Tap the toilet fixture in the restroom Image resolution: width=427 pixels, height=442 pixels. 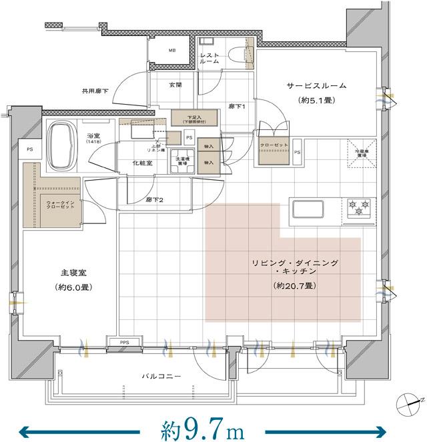point(235,55)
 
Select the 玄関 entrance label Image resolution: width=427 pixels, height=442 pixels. point(175,85)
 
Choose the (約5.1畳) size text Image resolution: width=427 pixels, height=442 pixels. point(316,101)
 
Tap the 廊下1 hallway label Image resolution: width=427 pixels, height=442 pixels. point(237,106)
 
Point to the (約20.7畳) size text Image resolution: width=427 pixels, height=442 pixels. point(294,285)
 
